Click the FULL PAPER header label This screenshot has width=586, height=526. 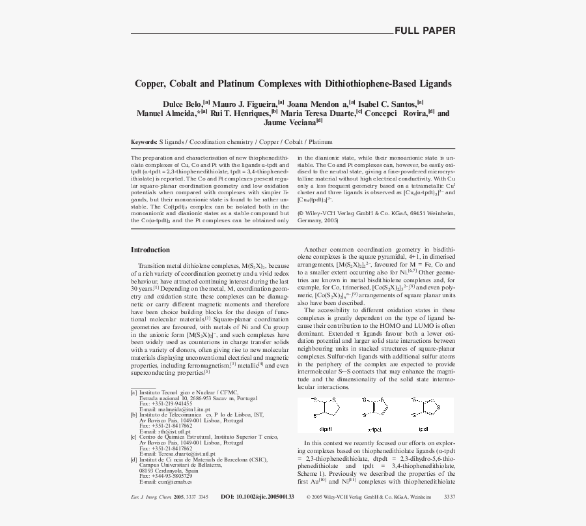[425, 31]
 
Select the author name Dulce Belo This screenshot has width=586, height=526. [182, 104]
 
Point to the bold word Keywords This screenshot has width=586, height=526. [143, 141]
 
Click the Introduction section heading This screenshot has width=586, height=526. [150, 250]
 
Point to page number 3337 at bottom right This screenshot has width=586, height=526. [449, 497]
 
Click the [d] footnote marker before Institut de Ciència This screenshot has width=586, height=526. [133, 459]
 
